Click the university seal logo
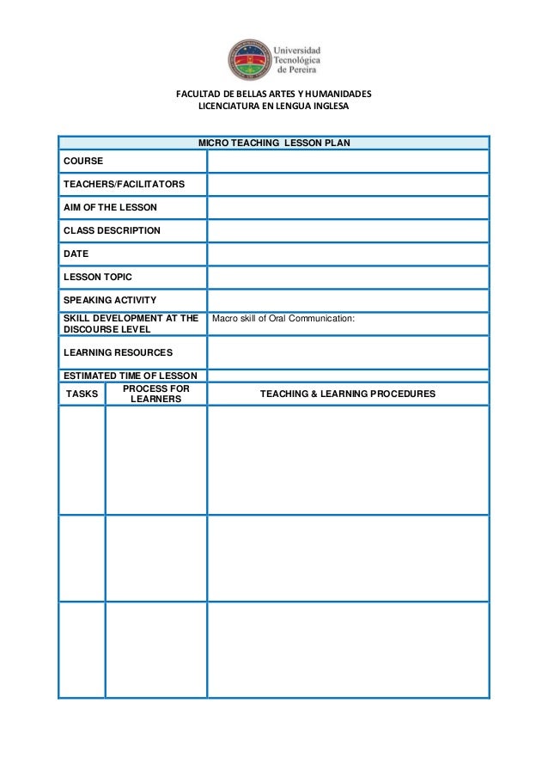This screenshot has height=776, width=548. pyautogui.click(x=249, y=58)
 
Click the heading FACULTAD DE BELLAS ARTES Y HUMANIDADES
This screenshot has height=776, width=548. pyautogui.click(x=273, y=94)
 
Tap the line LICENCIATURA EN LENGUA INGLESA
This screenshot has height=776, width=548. pyautogui.click(x=273, y=107)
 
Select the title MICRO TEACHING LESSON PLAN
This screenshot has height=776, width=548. pyautogui.click(x=273, y=142)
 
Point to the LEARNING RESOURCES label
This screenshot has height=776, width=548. pyautogui.click(x=118, y=352)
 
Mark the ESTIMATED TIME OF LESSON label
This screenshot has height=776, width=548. pyautogui.click(x=130, y=376)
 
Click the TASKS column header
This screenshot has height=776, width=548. pyautogui.click(x=82, y=394)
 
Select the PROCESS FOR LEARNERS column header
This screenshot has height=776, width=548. pyautogui.click(x=155, y=394)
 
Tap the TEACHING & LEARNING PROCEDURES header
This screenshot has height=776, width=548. pyautogui.click(x=347, y=394)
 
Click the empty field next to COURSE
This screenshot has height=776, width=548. pyautogui.click(x=347, y=162)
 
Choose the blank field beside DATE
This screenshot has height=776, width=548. pyautogui.click(x=347, y=254)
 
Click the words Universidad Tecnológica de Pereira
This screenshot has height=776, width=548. pyautogui.click(x=296, y=59)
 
